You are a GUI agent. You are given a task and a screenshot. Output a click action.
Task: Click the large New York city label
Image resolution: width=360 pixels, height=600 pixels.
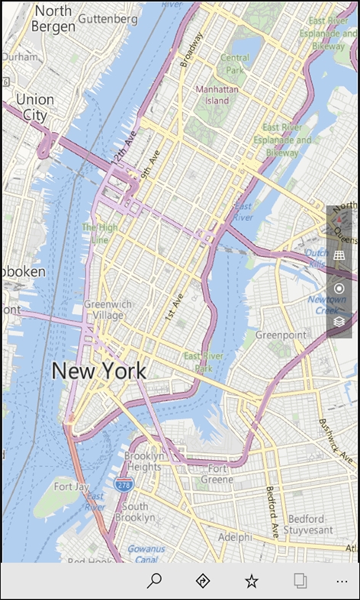pos(98,371)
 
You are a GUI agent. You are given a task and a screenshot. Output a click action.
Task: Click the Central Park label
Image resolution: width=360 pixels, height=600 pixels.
pos(234,63)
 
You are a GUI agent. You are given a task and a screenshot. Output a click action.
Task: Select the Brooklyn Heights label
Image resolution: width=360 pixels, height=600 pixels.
pos(143,461)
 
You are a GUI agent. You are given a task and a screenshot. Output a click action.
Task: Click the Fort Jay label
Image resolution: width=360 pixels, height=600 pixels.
pos(72,486)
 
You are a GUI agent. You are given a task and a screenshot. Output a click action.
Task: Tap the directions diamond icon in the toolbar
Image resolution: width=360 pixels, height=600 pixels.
pos(203,581)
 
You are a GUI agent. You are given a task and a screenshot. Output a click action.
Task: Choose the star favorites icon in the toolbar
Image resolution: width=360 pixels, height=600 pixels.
pos(251,581)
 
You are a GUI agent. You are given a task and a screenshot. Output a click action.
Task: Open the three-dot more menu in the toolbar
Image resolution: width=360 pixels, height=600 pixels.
pos(341,581)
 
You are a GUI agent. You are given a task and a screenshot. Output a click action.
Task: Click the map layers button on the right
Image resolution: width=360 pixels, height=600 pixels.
pos(339,322)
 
